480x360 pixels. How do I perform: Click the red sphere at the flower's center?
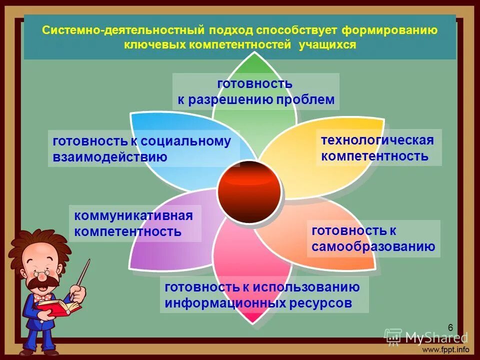click(x=249, y=192)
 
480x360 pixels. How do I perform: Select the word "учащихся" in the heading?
click(x=327, y=45)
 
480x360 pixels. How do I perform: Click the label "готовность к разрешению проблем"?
click(x=255, y=91)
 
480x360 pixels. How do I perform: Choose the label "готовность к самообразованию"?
click(x=373, y=238)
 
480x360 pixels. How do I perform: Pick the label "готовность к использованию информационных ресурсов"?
click(x=263, y=295)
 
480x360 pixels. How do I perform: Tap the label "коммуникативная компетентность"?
click(x=133, y=223)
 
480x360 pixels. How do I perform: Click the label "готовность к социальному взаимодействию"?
click(x=142, y=149)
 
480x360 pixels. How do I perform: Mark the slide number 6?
click(x=450, y=327)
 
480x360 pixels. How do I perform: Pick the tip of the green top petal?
click(x=255, y=54)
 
